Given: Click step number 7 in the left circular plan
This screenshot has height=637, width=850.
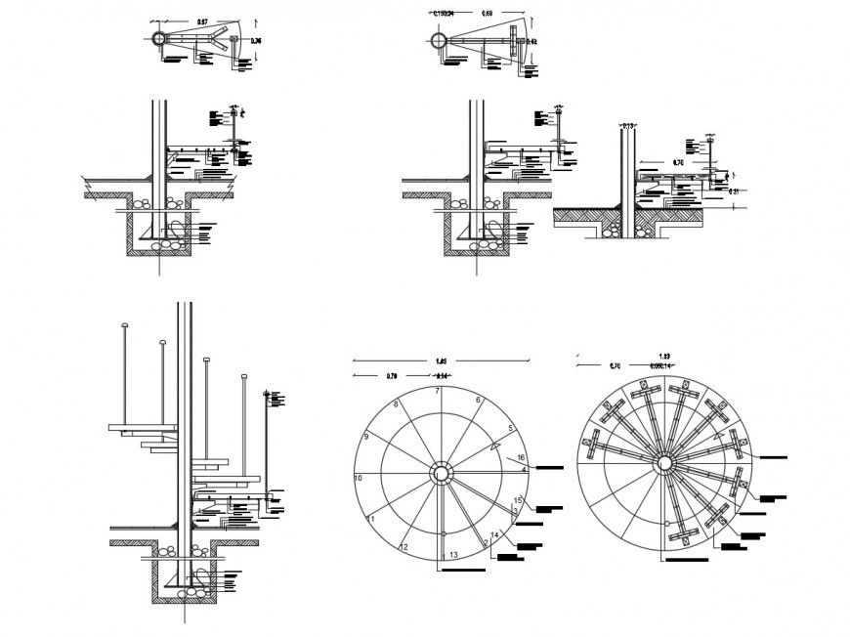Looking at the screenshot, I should coord(439,392).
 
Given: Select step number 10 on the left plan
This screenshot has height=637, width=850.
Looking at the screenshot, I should coord(359,478).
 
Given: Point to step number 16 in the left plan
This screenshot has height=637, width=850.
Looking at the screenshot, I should coord(523,457).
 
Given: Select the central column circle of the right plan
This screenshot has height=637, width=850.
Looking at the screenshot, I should coord(663,463).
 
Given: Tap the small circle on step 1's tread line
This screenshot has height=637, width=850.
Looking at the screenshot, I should coord(444,534).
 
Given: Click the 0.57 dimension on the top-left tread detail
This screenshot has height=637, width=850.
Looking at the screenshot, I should coord(202,21).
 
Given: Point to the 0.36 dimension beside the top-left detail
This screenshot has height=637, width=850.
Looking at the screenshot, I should coord(256,41).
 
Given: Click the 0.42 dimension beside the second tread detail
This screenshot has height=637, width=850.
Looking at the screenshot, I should coord(532,42).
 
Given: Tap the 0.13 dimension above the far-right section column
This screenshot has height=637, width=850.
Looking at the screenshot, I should coord(628,126).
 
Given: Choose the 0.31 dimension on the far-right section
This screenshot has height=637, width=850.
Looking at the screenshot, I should coord(736,192).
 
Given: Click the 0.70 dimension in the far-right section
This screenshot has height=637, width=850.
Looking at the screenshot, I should coord(677,162).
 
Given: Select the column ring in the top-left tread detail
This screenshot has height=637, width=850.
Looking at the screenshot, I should coord(158,38).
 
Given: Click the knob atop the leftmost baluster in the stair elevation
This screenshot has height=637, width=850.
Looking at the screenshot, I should coord(124,324).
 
